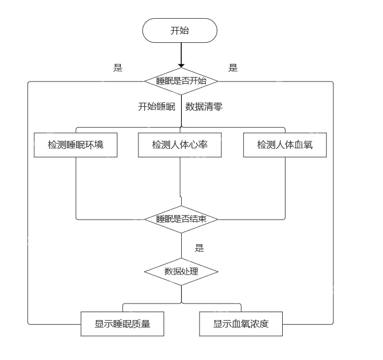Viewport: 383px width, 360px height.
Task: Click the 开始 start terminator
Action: pos(180,30)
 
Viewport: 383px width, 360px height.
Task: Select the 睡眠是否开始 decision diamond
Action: pos(181,81)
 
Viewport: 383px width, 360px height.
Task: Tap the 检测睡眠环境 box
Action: pos(76,145)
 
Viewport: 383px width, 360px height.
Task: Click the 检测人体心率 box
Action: pos(180,145)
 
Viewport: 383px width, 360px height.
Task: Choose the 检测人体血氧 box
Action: pos(284,145)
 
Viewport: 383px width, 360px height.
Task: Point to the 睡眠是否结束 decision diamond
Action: pos(181,219)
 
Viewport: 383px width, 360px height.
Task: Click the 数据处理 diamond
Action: pos(181,271)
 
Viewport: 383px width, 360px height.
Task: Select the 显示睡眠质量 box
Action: pos(123,324)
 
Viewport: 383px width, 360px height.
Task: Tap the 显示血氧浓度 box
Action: pos(241,324)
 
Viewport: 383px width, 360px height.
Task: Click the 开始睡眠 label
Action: pos(156,107)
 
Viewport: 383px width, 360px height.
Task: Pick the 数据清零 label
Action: pos(203,107)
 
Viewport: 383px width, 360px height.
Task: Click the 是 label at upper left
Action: pos(118,68)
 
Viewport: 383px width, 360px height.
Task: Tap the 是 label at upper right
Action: pos(233,68)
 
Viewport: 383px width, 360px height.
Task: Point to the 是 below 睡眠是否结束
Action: pos(199,248)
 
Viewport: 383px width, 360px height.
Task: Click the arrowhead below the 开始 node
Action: pos(181,64)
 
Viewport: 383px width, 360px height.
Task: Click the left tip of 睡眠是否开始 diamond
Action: pos(145,81)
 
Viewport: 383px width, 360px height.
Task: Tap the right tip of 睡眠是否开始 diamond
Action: pos(217,81)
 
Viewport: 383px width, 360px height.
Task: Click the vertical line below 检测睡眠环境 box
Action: pos(76,188)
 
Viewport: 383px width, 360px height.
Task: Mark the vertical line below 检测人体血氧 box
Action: pos(284,188)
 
